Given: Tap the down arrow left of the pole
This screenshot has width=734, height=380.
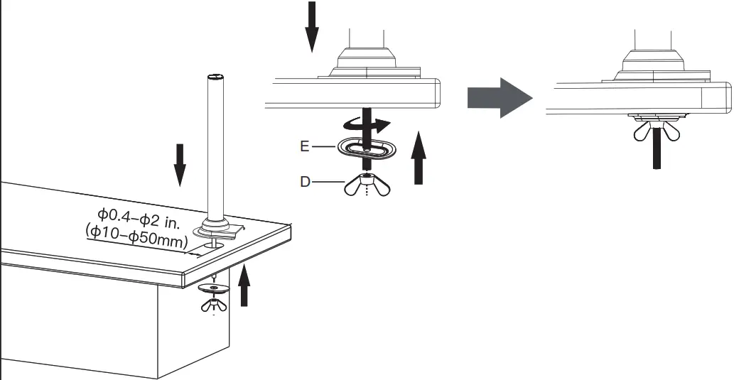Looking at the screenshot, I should coord(180,163).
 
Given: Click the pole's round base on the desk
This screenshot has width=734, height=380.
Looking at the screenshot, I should coord(216,229).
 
